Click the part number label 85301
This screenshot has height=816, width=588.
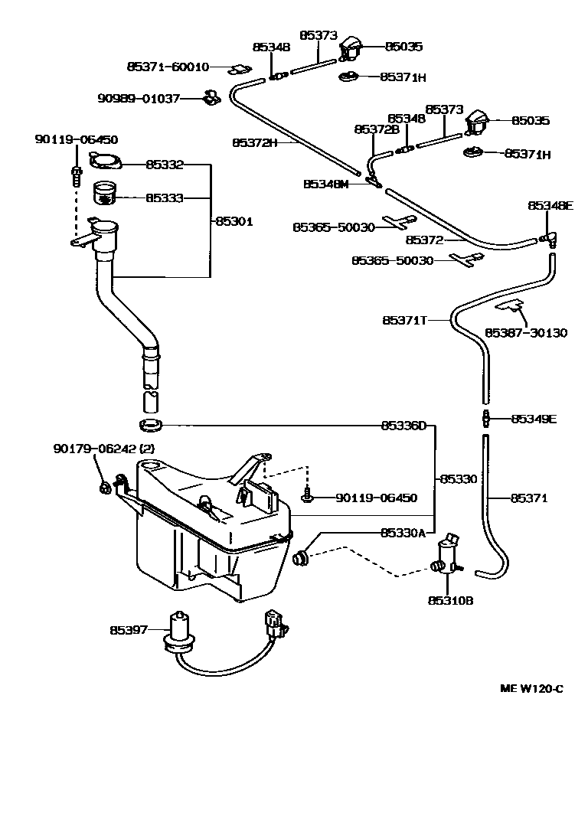point(234,221)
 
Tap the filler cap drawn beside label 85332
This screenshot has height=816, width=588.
point(105,162)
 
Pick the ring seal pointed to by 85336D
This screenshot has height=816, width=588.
point(152,424)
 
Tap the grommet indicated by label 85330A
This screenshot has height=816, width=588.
point(301,557)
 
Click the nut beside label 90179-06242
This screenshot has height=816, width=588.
point(104,488)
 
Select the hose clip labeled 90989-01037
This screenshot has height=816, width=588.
point(209,98)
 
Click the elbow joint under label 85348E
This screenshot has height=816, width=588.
point(550,238)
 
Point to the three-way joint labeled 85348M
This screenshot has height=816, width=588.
point(374,183)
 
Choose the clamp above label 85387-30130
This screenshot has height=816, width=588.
point(508,307)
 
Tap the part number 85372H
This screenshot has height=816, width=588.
point(254,142)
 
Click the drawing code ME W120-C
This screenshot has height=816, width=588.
point(531,687)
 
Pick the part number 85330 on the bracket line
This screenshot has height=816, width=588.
point(458,478)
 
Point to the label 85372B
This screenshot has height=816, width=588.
point(377,129)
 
